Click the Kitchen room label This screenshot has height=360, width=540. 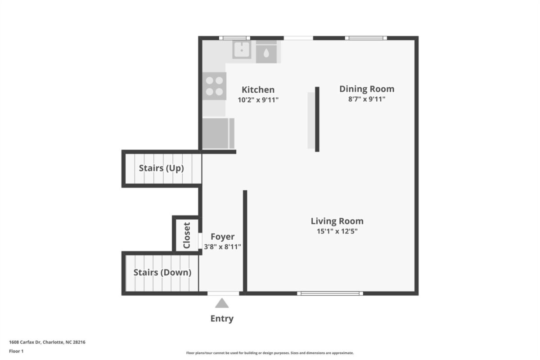point(258,90)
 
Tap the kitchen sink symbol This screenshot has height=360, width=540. point(242,49)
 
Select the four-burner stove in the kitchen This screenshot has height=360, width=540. point(214,86)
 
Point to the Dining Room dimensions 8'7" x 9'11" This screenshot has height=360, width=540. point(367,99)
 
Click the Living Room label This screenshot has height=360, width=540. point(337,221)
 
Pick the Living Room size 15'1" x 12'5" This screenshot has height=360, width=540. point(337,231)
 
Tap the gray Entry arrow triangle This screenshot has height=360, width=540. point(222,303)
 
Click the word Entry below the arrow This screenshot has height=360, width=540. point(222,319)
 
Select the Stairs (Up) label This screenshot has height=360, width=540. point(161,168)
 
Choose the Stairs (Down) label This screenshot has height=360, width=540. point(162,272)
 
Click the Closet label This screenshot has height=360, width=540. point(187,235)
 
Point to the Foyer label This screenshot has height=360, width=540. point(222,237)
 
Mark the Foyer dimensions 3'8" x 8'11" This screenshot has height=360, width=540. point(222,247)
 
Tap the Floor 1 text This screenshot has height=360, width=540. point(16,351)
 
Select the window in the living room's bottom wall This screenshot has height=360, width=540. point(330,293)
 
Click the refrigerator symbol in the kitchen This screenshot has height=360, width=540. point(218,133)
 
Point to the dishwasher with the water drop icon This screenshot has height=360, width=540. point(266,54)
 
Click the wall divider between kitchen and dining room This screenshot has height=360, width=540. point(317,119)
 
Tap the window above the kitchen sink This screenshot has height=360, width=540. point(234,38)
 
